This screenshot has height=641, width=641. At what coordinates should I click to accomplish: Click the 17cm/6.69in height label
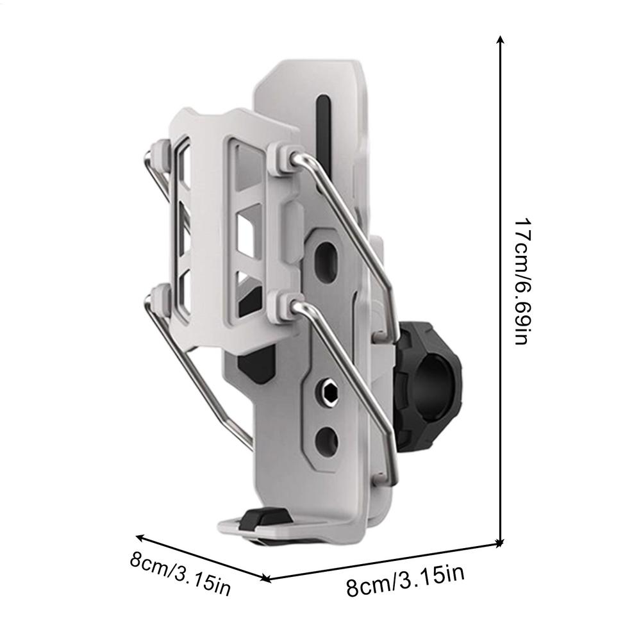click(x=520, y=282)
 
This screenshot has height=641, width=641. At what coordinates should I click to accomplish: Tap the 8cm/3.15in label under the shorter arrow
click(x=180, y=571)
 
